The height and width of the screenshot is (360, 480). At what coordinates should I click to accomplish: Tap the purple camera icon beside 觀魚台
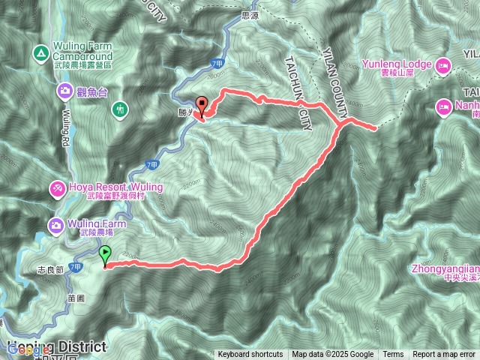66,91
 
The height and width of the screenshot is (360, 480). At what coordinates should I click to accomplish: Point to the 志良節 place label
51,268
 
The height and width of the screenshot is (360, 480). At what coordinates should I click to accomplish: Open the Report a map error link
445,355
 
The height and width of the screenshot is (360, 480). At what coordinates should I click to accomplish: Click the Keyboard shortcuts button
250,355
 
